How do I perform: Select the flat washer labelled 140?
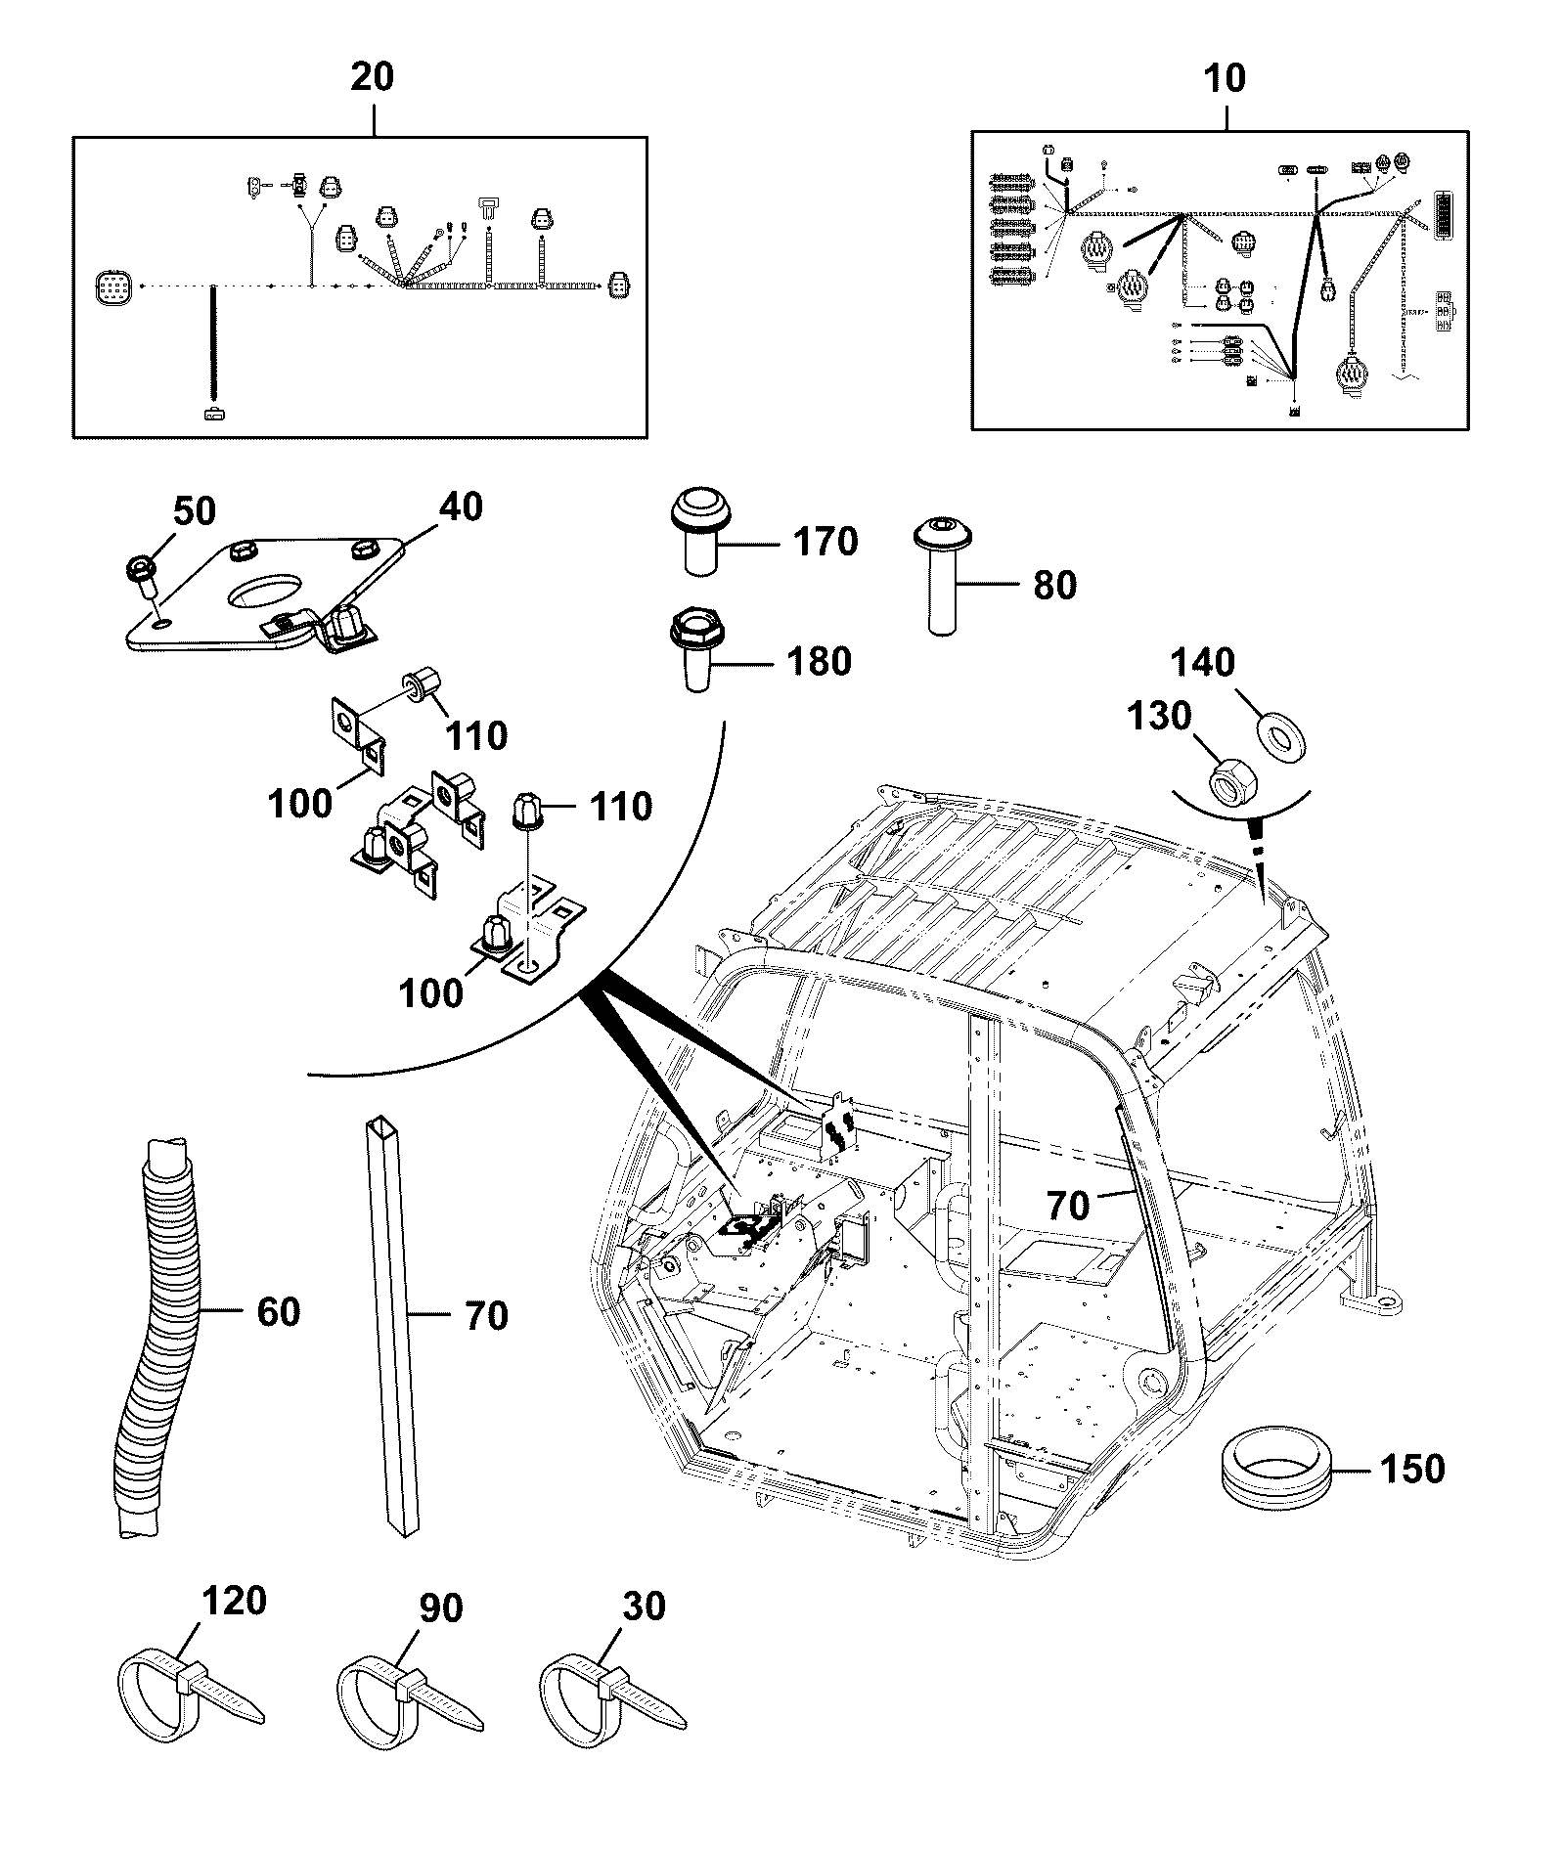(1277, 735)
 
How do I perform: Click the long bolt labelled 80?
(944, 577)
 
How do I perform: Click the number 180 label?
(819, 662)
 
